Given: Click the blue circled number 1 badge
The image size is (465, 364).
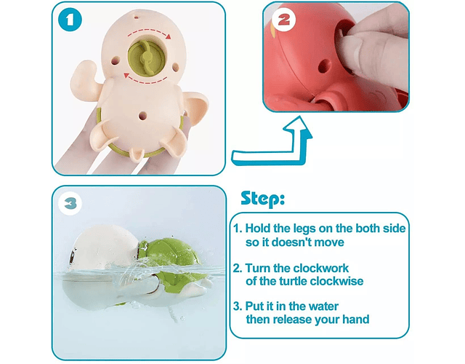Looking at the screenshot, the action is click(x=70, y=20).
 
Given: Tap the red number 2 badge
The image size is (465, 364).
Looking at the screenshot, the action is click(x=284, y=20).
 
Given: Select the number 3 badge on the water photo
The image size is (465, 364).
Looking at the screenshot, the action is click(x=70, y=204).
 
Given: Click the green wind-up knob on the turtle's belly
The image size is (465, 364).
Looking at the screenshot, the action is click(x=145, y=58).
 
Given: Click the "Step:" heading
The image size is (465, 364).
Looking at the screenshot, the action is click(x=263, y=199).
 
